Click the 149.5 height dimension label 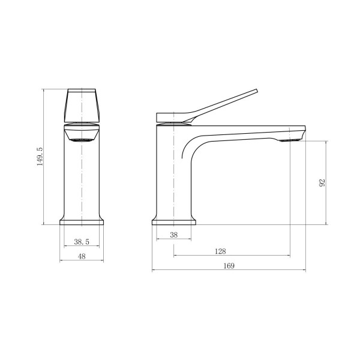click(40, 157)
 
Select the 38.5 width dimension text click(82, 242)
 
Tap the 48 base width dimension click(82, 256)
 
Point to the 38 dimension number click(174, 235)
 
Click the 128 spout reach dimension click(220, 251)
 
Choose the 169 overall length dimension click(229, 266)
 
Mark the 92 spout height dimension click(323, 183)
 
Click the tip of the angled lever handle click(256, 90)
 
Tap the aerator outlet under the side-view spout click(289, 140)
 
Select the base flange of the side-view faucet click(174, 222)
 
